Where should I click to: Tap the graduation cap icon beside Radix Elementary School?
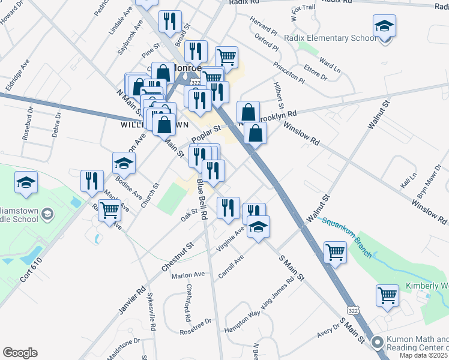coord(384,27)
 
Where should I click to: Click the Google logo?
coord(20,353)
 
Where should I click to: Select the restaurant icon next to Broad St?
coord(170,22)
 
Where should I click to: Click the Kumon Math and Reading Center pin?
coord(377,343)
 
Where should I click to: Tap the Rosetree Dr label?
coord(196,325)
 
